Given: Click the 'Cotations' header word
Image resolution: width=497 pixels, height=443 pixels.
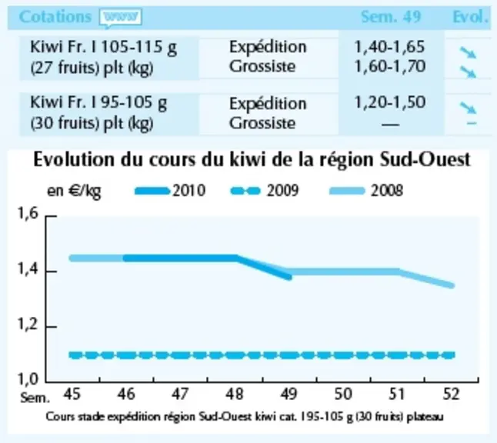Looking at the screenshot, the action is (x=55, y=17).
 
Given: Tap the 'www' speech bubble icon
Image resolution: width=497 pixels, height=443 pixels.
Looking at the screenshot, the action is (x=121, y=18).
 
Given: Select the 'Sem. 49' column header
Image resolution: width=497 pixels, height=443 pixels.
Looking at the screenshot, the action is (x=391, y=17).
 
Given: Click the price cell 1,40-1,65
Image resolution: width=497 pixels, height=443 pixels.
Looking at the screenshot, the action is (x=389, y=47).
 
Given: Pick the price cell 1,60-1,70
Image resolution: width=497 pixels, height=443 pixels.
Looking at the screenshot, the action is (x=389, y=67).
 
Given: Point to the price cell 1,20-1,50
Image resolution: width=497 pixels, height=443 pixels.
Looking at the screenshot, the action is (x=389, y=102).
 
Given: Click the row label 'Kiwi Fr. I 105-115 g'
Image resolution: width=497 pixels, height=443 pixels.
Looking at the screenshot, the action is (x=103, y=48).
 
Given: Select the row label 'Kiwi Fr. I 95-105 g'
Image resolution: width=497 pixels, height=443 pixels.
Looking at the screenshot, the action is (x=98, y=103).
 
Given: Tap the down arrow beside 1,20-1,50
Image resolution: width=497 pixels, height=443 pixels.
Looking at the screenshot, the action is (x=469, y=108).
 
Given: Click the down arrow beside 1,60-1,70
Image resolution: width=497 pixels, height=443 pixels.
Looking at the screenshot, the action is (x=469, y=72).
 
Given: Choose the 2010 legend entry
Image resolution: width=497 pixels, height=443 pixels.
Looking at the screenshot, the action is (x=170, y=191).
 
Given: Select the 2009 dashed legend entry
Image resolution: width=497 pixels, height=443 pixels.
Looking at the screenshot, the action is (x=264, y=191).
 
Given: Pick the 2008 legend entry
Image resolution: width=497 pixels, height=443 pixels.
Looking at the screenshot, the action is (x=366, y=191).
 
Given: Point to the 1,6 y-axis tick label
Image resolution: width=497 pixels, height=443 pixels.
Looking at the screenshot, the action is (x=28, y=213).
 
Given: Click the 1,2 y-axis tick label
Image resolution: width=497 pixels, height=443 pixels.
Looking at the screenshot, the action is (x=28, y=325).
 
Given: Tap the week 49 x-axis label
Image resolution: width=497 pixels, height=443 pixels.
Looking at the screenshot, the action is (x=289, y=395).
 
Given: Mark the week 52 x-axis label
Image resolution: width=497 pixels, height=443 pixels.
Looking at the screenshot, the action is (x=451, y=395).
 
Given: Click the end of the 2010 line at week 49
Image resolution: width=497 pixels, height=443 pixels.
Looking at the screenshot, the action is (x=289, y=278).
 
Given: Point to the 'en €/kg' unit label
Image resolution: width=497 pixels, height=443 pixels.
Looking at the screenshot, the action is (x=74, y=191).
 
